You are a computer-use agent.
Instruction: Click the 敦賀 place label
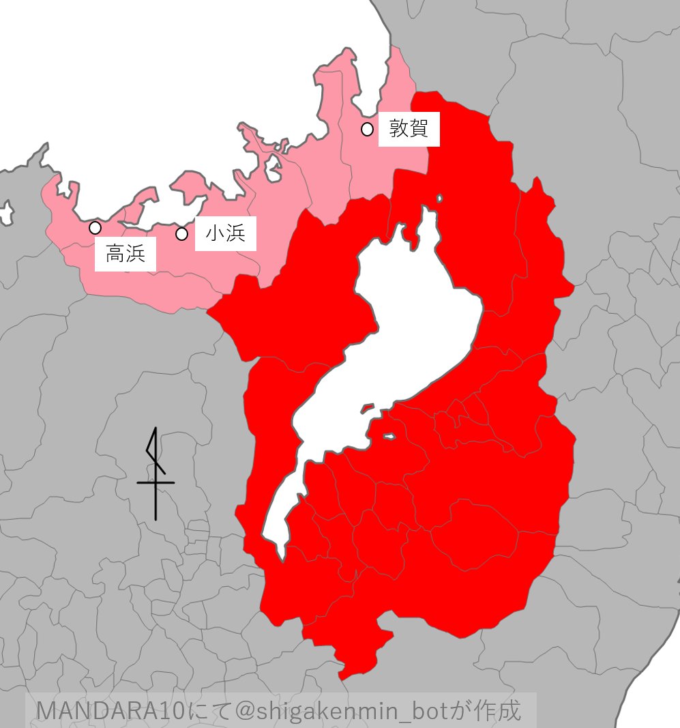pos(409,128)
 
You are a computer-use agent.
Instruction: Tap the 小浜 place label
pos(225,234)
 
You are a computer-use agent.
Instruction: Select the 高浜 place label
pos(125,254)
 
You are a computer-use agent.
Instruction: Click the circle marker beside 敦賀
pos(367,129)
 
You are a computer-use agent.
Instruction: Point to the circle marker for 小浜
pos(181,234)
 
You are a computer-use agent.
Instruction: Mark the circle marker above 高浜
pos(95,227)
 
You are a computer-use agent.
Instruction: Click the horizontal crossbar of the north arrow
pos(156,482)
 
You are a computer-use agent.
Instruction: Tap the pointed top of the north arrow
pos(156,429)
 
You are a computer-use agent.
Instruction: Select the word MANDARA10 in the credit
pos(110,710)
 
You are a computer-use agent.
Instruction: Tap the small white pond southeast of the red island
pos(389,437)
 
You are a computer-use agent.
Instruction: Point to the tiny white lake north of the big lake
pos(439,199)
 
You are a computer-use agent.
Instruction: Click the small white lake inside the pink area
pos(273,168)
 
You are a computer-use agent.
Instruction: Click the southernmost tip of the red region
pos(344,676)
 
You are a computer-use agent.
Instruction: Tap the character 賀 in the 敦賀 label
pos(418,128)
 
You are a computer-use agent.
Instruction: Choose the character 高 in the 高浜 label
pos(115,254)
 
